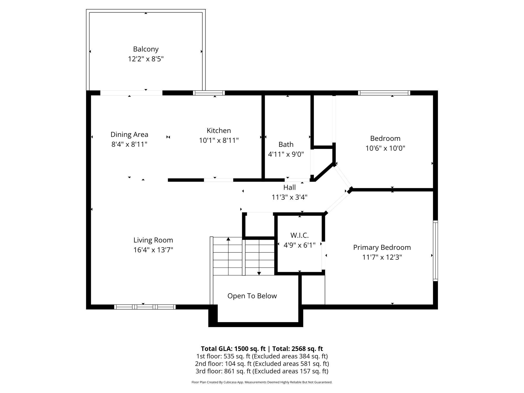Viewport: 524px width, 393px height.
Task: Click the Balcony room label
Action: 146,49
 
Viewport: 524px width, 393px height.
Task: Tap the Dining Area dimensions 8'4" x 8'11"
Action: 129,144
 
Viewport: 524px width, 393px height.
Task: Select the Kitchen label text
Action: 219,130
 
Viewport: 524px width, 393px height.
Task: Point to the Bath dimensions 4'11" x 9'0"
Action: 286,154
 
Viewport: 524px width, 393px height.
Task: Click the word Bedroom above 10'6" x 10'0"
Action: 385,138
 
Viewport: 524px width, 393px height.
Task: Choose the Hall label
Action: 289,187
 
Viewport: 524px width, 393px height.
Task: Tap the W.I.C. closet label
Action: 300,235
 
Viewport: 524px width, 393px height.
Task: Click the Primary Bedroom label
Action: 382,248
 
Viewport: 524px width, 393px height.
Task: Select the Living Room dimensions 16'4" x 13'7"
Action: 153,250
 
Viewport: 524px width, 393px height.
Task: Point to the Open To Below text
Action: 252,296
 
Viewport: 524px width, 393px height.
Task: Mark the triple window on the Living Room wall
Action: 145,307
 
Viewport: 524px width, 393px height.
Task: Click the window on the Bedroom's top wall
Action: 384,93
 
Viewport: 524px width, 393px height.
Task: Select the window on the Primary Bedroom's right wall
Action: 435,251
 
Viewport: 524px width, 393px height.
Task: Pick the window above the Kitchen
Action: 209,93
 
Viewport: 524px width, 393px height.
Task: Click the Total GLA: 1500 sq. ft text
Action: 233,349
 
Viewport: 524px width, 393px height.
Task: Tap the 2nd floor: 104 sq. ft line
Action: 262,364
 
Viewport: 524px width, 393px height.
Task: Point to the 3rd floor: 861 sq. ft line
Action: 262,371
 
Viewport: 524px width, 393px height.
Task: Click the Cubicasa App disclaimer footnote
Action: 262,382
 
